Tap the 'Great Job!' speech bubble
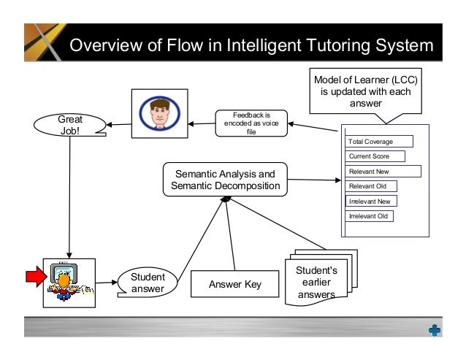tap(70, 125)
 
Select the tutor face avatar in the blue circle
tap(158, 113)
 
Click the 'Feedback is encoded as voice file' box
tap(251, 123)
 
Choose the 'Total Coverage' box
tap(379, 142)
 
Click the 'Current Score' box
tap(375, 156)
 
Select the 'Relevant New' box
tap(383, 172)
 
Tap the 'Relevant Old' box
tap(371, 186)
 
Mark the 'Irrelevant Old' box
tap(370, 215)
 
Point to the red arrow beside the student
tap(35, 276)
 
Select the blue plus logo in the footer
tap(434, 330)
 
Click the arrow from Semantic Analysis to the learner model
tap(315, 180)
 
